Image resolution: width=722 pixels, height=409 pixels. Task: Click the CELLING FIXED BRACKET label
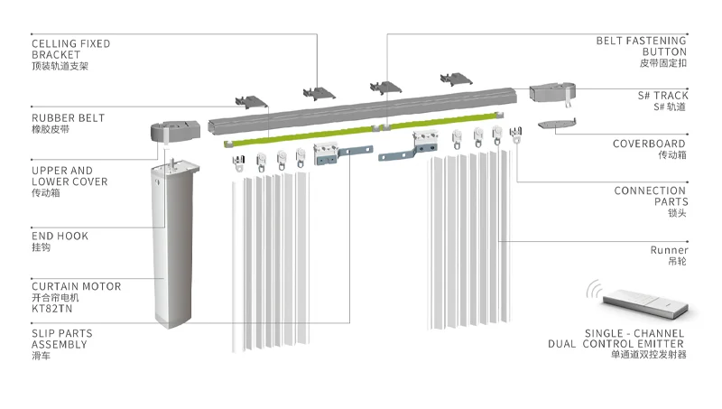coord(71,49)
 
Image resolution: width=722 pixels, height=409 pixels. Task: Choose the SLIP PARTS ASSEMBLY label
coord(62,339)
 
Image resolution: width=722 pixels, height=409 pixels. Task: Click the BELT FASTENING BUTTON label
coord(641,47)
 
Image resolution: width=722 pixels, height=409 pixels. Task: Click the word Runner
coord(669,250)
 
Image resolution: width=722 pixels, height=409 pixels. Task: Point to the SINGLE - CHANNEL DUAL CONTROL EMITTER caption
coord(616,339)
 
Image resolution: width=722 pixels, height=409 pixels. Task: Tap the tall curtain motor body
coord(171,244)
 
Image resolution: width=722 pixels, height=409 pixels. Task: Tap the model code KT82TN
coord(52,308)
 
